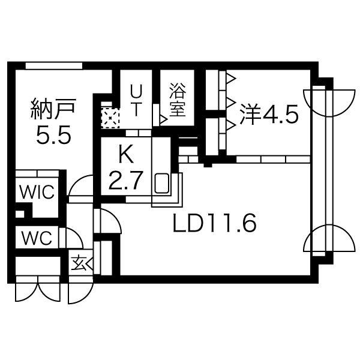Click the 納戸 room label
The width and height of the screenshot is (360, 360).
pyautogui.click(x=53, y=109)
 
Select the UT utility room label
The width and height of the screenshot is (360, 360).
pyautogui.click(x=136, y=100)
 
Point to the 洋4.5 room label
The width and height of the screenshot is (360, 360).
pyautogui.click(x=269, y=114)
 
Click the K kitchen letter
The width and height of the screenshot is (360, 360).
pyautogui.click(x=126, y=154)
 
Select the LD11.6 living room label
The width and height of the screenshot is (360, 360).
pyautogui.click(x=214, y=222)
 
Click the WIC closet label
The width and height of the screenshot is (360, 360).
pyautogui.click(x=37, y=192)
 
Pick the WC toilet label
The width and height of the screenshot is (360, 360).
pyautogui.click(x=37, y=238)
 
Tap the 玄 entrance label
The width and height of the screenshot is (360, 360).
pyautogui.click(x=78, y=263)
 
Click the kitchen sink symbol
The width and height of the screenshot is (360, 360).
pyautogui.click(x=162, y=183)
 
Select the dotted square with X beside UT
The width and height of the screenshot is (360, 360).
pyautogui.click(x=110, y=118)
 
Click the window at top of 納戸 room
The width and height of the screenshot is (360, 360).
pyautogui.click(x=54, y=65)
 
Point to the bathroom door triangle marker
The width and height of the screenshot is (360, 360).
pyautogui.click(x=163, y=119)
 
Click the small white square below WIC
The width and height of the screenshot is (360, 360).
pyautogui.click(x=20, y=214)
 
